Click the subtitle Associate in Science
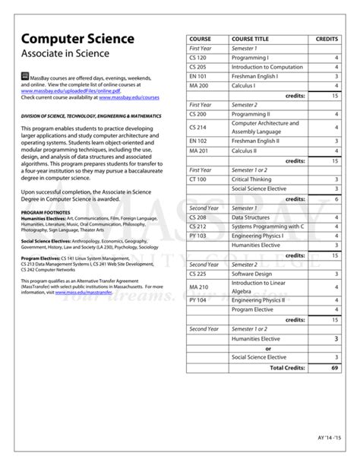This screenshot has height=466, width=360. point(65,54)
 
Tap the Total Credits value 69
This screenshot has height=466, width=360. point(334,367)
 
